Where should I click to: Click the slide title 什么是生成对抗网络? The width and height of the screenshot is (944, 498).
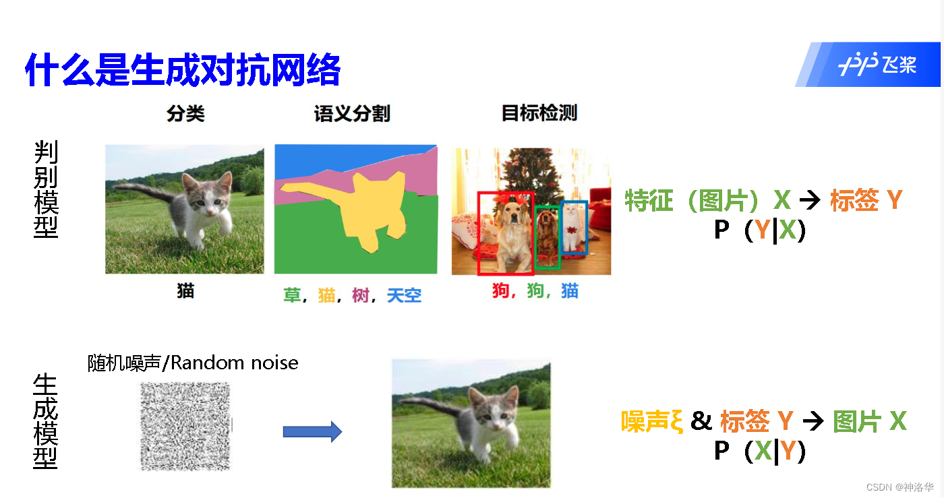pyautogui.click(x=183, y=69)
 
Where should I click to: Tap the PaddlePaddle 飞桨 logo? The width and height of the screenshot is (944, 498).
pyautogui.click(x=877, y=65)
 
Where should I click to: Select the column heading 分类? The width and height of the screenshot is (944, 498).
pyautogui.click(x=185, y=113)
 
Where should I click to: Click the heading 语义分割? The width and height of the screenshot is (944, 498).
pyautogui.click(x=352, y=113)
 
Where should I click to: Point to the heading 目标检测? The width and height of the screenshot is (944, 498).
pyautogui.click(x=539, y=113)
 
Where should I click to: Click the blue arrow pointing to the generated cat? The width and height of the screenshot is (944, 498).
pyautogui.click(x=312, y=431)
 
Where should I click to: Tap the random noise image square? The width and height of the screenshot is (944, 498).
pyautogui.click(x=185, y=426)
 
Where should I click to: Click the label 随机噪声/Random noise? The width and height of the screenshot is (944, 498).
pyautogui.click(x=193, y=363)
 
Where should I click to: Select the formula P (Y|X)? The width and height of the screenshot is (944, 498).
pyautogui.click(x=759, y=230)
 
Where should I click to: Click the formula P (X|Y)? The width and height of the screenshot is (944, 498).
pyautogui.click(x=759, y=452)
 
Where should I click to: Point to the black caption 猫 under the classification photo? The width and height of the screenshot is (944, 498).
pyautogui.click(x=185, y=290)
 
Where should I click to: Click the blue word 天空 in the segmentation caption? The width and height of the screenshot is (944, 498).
pyautogui.click(x=404, y=295)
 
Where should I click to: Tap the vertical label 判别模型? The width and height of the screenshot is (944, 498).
pyautogui.click(x=46, y=189)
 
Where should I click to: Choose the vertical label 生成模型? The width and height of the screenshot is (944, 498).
pyautogui.click(x=45, y=421)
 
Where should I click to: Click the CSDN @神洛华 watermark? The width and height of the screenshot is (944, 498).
pyautogui.click(x=899, y=487)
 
